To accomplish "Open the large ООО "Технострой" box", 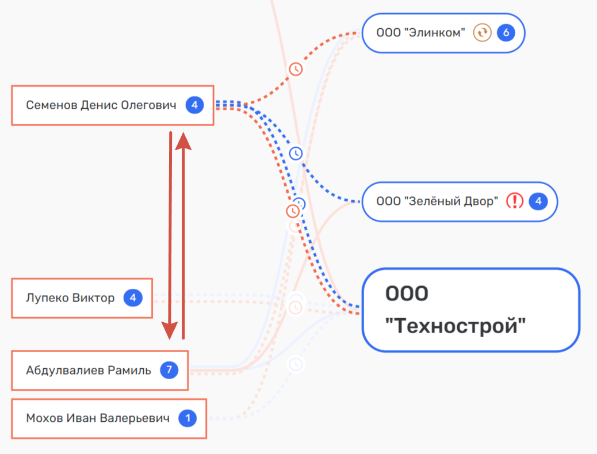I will pos(470,310).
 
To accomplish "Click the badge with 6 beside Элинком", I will pos(506,33).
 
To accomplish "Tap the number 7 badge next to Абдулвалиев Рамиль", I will pos(169,370).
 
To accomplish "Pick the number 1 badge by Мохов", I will pos(187,418).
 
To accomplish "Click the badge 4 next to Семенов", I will pos(194,105).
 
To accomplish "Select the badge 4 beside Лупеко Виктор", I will pos(133,298).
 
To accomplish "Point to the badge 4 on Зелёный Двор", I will pos(538,201).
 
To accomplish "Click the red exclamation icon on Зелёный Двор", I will pos(515,201).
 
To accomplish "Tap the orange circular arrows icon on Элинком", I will pos(482,33).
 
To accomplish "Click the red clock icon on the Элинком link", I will pos(296,69).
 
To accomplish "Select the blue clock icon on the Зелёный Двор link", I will pos(296,154).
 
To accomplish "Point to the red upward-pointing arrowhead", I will pos(183,140).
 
